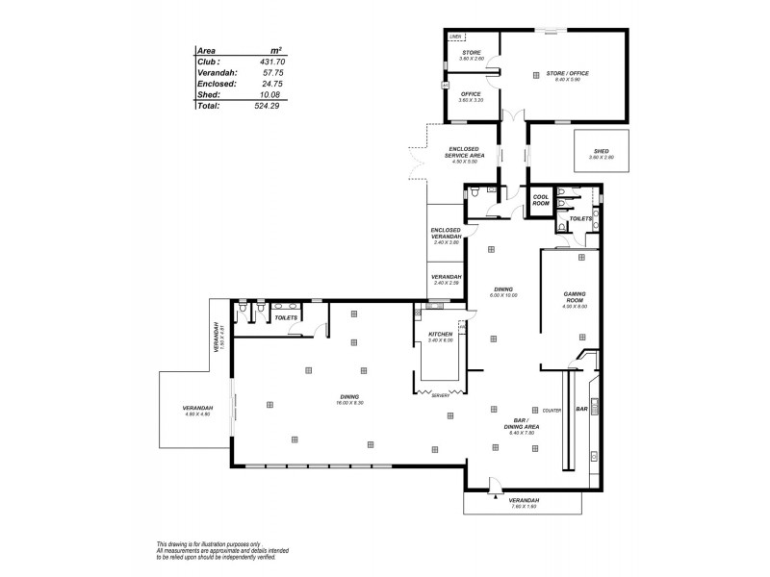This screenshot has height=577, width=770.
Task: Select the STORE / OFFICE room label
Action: click(x=563, y=73)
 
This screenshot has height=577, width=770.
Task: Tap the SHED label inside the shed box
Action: click(x=602, y=151)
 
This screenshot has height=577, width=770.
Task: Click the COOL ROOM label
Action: click(x=541, y=201)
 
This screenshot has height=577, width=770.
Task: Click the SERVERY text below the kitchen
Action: click(x=440, y=395)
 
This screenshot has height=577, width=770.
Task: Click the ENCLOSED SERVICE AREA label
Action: click(x=466, y=152)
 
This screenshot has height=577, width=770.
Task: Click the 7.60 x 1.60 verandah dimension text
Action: click(x=524, y=506)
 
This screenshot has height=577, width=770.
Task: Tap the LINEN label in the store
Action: click(x=456, y=37)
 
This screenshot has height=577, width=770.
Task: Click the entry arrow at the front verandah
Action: click(x=495, y=498)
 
